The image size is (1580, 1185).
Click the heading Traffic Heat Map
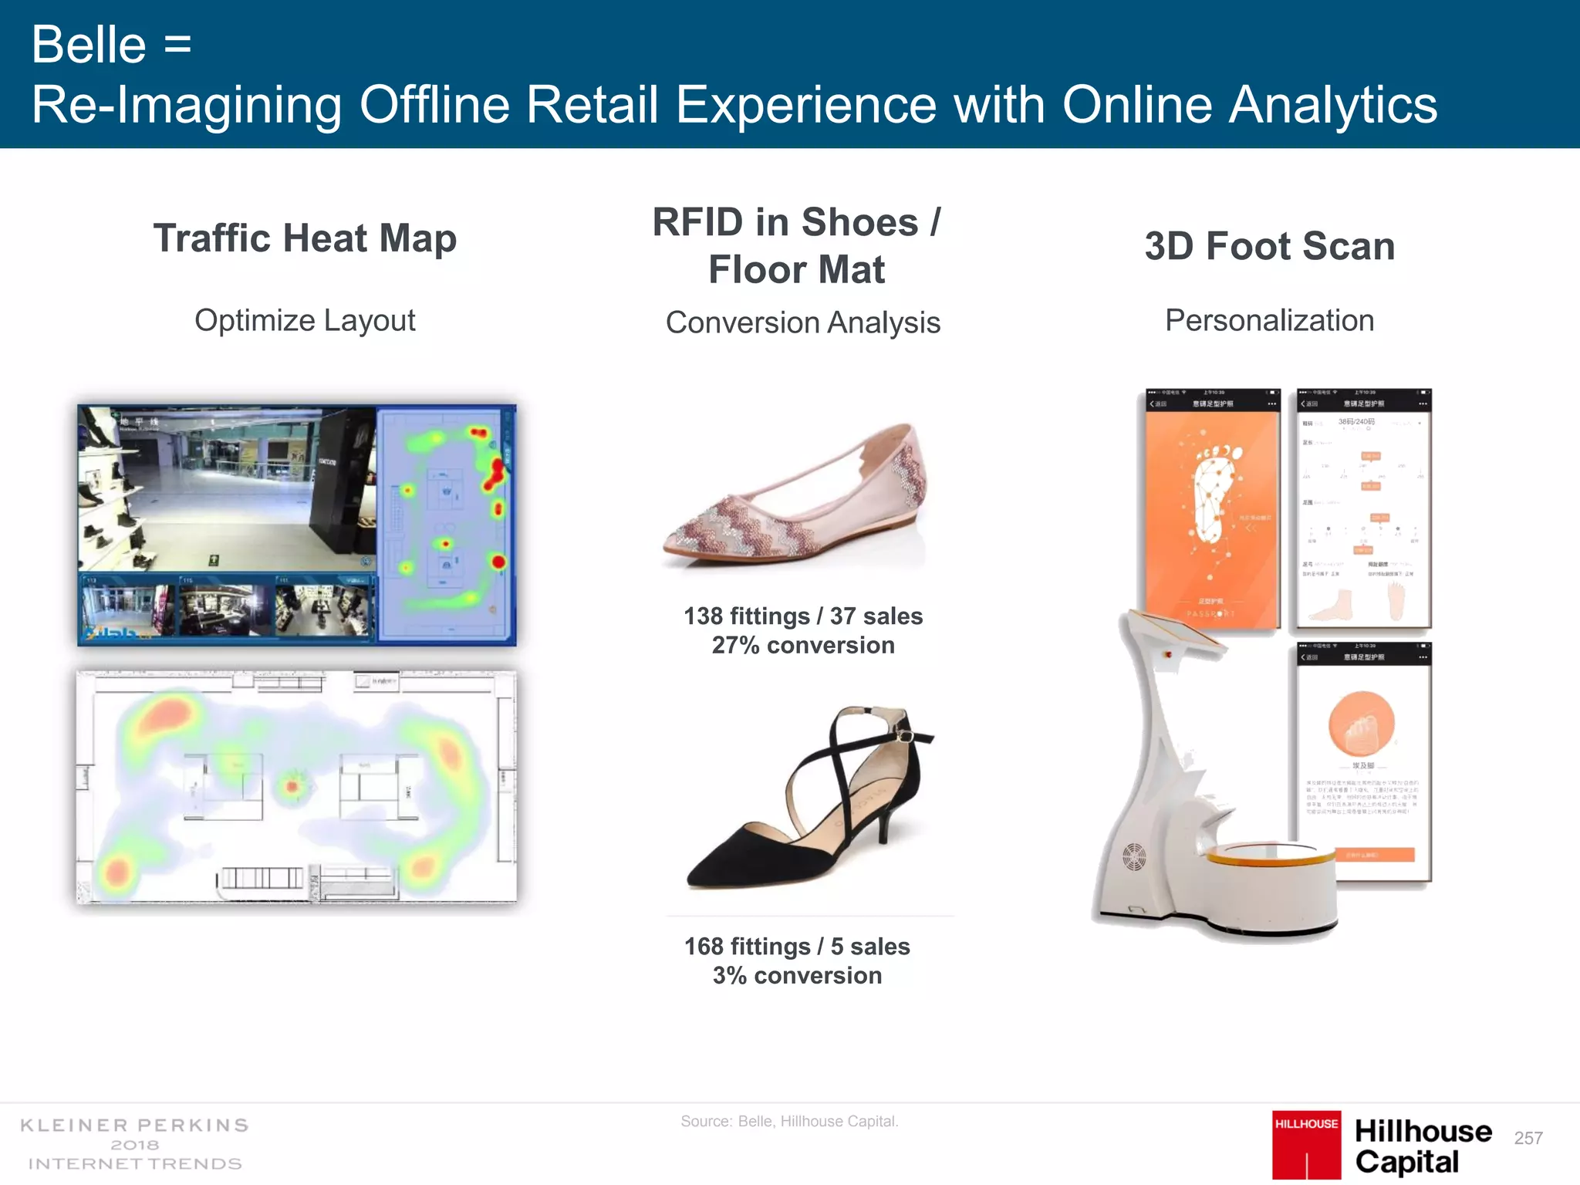(305, 238)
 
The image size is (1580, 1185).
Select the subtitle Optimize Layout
(305, 320)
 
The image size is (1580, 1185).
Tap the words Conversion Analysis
(802, 322)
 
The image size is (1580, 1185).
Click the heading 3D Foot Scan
(1269, 247)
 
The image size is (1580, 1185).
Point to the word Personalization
(1269, 320)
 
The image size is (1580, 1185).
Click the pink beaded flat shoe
(795, 498)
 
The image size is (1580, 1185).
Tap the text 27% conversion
(802, 645)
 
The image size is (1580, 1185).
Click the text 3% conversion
(797, 975)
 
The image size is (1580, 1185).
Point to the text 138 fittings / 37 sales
(802, 616)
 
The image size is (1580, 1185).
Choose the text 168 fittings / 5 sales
(797, 947)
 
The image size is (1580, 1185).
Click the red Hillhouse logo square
(1306, 1144)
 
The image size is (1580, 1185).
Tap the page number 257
(1528, 1138)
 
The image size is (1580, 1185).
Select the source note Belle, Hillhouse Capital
(789, 1121)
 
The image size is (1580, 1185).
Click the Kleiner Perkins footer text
(135, 1144)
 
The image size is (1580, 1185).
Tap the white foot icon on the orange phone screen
(1214, 494)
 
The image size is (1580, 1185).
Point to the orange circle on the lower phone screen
(1362, 724)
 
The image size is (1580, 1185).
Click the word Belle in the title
(89, 45)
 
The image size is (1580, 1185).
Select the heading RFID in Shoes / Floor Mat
(797, 245)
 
